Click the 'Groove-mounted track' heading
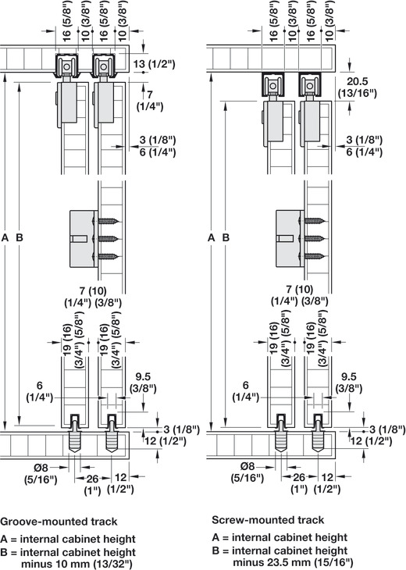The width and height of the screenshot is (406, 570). pos(59,522)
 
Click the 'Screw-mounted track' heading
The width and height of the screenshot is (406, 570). pos(268,520)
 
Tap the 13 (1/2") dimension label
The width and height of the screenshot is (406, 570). pos(154,64)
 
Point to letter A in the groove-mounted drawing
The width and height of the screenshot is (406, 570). pos(5,237)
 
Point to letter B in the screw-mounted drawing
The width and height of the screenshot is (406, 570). pos(226,237)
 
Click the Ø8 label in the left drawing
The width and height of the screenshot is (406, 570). pos(41,467)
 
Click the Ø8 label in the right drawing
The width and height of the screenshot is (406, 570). pos(247,465)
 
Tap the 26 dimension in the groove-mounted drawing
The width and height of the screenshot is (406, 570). pos(92,479)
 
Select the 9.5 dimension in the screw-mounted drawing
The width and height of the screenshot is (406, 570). pos(348,376)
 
